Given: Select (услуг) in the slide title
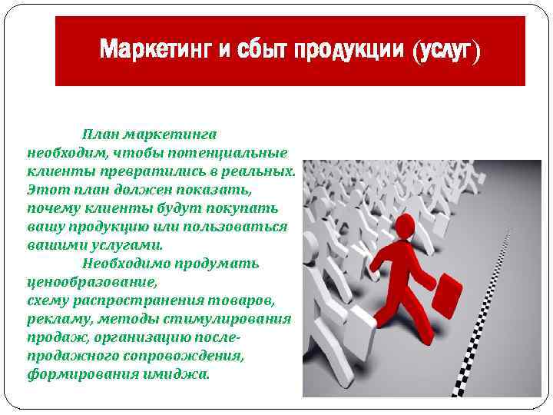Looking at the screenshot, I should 445,51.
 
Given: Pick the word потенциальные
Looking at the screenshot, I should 230,152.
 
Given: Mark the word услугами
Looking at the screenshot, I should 124,245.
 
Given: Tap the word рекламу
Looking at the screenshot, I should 54,319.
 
